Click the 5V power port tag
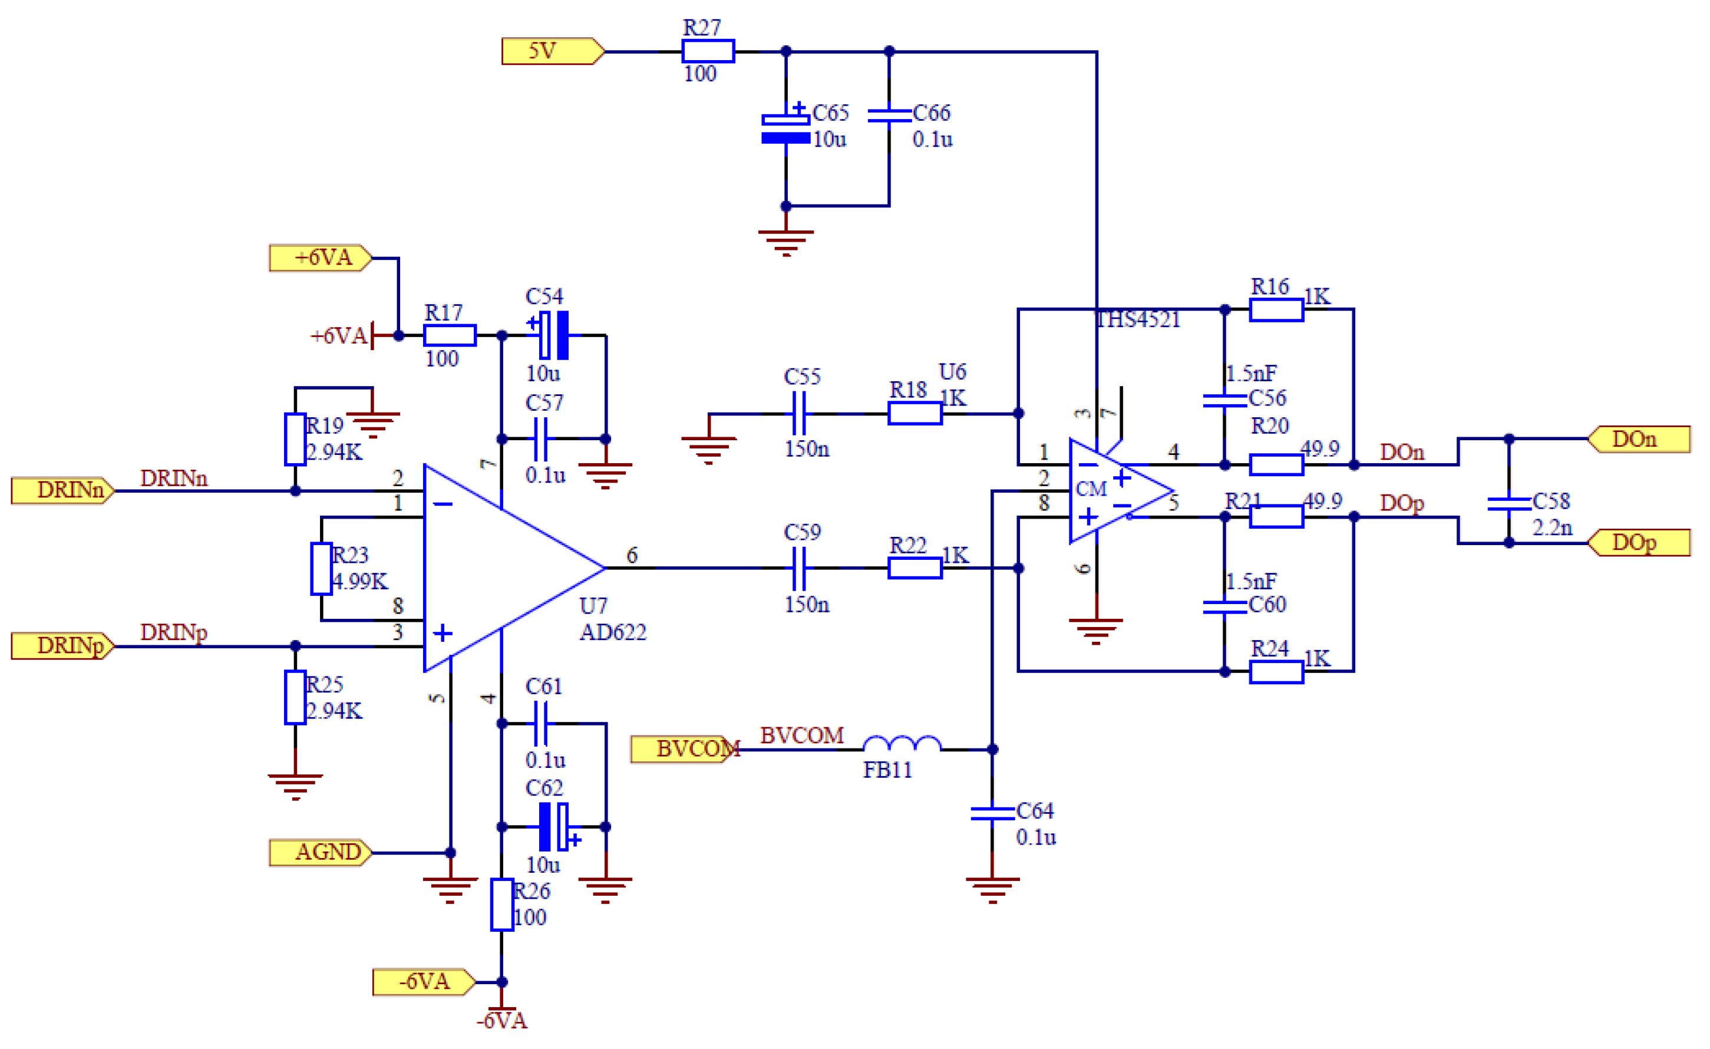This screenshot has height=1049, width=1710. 552,51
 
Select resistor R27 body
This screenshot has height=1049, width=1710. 707,51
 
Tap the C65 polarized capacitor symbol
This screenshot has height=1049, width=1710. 785,128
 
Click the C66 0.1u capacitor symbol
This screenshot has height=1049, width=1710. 889,116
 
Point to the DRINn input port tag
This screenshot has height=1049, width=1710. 62,491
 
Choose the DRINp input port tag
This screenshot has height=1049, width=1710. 62,646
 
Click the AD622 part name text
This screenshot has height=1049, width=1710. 613,632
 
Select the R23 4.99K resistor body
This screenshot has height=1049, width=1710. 321,569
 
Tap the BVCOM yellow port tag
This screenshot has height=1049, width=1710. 684,749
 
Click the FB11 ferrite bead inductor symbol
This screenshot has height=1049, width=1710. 902,745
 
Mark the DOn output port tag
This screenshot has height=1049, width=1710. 1639,440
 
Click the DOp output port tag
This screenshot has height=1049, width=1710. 1639,543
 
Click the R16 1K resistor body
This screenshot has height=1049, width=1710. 1276,309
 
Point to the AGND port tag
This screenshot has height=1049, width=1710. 321,853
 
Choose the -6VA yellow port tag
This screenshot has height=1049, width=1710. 423,982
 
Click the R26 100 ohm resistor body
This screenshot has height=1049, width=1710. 502,905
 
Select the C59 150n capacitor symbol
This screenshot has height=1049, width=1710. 799,568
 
